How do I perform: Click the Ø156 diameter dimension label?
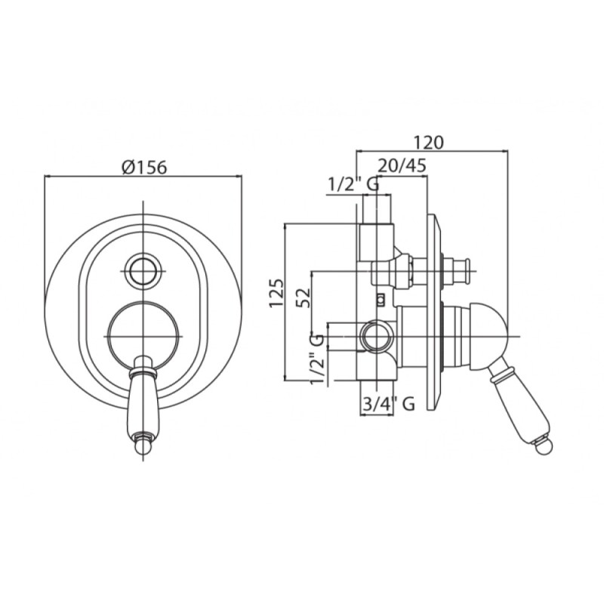click(144, 167)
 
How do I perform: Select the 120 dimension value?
click(428, 142)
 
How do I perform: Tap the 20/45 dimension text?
click(402, 165)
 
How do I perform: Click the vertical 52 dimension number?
click(304, 297)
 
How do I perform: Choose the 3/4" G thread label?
click(389, 404)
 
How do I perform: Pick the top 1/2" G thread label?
click(353, 185)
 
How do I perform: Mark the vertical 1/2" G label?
click(318, 359)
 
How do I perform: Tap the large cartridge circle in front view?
click(143, 336)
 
